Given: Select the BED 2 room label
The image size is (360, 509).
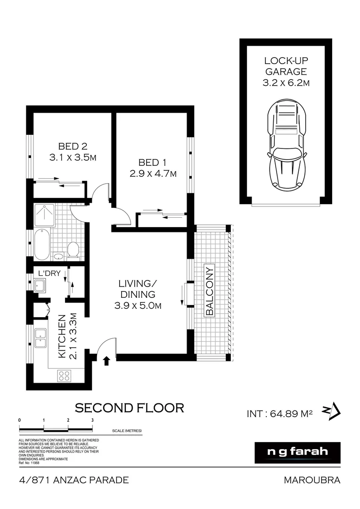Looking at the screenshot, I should [x=73, y=146].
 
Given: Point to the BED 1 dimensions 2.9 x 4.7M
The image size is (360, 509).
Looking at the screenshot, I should [x=153, y=173].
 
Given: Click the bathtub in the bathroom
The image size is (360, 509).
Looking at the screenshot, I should [x=41, y=244].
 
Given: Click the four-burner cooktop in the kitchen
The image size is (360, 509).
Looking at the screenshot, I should [x=64, y=376].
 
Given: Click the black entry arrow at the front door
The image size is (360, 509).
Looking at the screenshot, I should [x=106, y=361].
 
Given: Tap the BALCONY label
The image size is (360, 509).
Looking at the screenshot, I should [x=210, y=291].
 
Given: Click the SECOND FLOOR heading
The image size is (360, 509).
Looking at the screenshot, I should [x=130, y=408].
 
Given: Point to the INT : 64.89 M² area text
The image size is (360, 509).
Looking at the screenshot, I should [x=280, y=414].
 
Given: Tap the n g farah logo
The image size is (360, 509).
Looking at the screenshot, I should [x=297, y=452].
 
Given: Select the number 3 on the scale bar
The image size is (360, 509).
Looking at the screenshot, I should [x=92, y=419].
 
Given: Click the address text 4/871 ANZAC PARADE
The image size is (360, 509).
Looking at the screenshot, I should [x=74, y=480].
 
